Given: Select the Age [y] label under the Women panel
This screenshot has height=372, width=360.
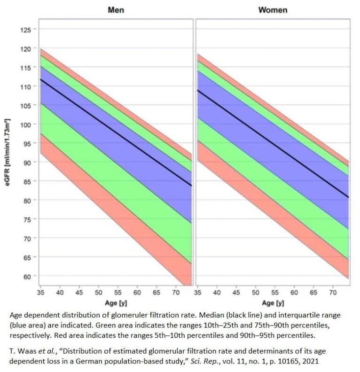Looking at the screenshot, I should pyautogui.click(x=272, y=303).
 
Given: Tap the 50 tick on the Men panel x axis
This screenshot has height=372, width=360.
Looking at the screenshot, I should pyautogui.click(x=99, y=293).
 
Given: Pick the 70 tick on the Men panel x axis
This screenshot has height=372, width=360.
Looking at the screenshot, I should pyautogui.click(x=176, y=293).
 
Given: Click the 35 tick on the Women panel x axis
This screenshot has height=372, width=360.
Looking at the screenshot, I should pyautogui.click(x=198, y=293).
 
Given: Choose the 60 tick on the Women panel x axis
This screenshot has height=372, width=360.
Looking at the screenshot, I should pyautogui.click(x=294, y=293).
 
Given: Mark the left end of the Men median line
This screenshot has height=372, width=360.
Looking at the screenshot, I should pyautogui.click(x=40, y=79).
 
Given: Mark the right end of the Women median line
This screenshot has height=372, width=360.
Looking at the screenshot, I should pyautogui.click(x=348, y=197).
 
